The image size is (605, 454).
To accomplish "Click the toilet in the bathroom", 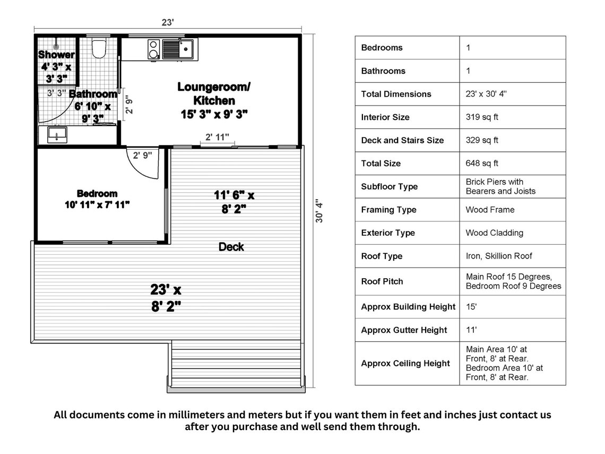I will click(x=99, y=49).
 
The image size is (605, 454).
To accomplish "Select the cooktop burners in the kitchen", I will click(x=154, y=49).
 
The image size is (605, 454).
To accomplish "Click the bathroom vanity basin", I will click(x=56, y=134).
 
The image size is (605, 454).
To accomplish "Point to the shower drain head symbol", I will click(x=56, y=47).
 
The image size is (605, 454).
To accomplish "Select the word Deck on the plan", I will click(x=231, y=247).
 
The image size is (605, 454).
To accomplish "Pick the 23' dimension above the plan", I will click(x=168, y=22).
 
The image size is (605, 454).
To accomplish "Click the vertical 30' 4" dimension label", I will click(x=319, y=211).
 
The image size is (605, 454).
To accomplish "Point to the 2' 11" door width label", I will click(x=217, y=138).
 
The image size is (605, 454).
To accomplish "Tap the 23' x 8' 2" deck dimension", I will click(x=166, y=298).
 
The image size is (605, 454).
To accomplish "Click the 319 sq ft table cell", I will click(x=482, y=117).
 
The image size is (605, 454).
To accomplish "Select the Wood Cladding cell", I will click(x=495, y=233).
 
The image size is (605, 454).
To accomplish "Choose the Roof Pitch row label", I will click(x=382, y=281).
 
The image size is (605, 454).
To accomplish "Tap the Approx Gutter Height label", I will click(x=404, y=330).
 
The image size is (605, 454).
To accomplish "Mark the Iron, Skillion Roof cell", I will click(x=499, y=256).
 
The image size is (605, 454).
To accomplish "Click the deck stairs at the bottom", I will click(x=236, y=366).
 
